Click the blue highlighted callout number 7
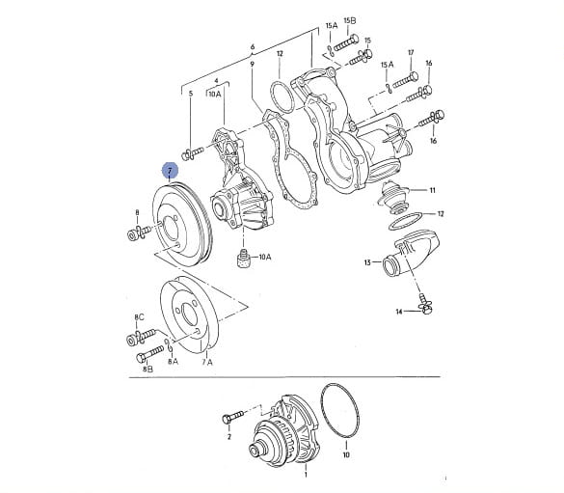point(170,170)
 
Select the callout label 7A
point(207,362)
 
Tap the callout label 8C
point(139,317)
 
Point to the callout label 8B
point(148,369)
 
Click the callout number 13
point(367,262)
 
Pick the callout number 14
point(399,312)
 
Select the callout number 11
point(432,190)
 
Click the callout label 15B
point(350,20)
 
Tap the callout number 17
point(411,52)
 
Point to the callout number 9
point(253,64)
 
